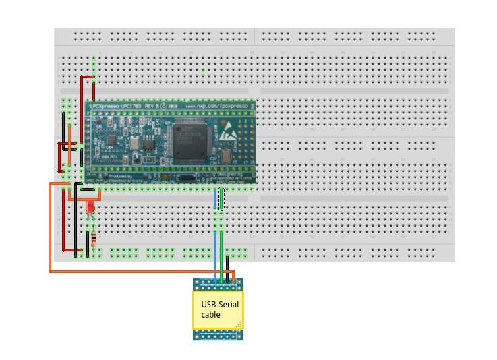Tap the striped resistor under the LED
click(x=93, y=239)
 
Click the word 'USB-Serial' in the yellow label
click(x=219, y=305)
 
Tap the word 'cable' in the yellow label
click(x=210, y=314)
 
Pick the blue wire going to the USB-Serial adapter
click(x=216, y=236)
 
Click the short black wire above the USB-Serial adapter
click(x=228, y=265)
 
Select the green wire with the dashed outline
click(x=221, y=199)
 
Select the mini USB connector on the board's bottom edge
click(x=185, y=179)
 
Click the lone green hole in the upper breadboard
click(x=203, y=69)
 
